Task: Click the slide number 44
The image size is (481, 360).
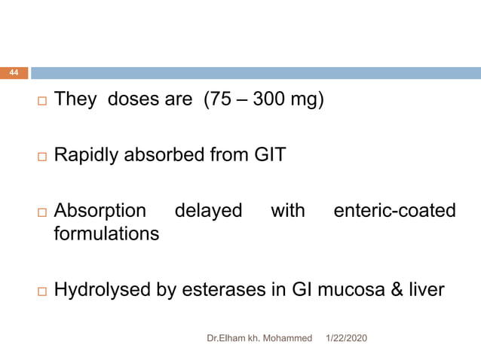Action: click(x=14, y=73)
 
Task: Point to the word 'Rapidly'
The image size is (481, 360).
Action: click(x=85, y=157)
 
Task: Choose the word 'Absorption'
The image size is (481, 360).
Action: click(x=99, y=211)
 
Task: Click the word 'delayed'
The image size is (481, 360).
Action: click(x=208, y=211)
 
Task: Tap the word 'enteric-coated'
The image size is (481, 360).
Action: click(x=394, y=211)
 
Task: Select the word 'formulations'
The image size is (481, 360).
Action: click(x=106, y=234)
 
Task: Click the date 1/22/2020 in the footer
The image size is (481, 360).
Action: click(x=345, y=339)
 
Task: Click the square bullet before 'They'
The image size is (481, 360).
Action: click(x=40, y=101)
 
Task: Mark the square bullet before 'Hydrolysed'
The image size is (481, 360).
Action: click(x=40, y=291)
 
